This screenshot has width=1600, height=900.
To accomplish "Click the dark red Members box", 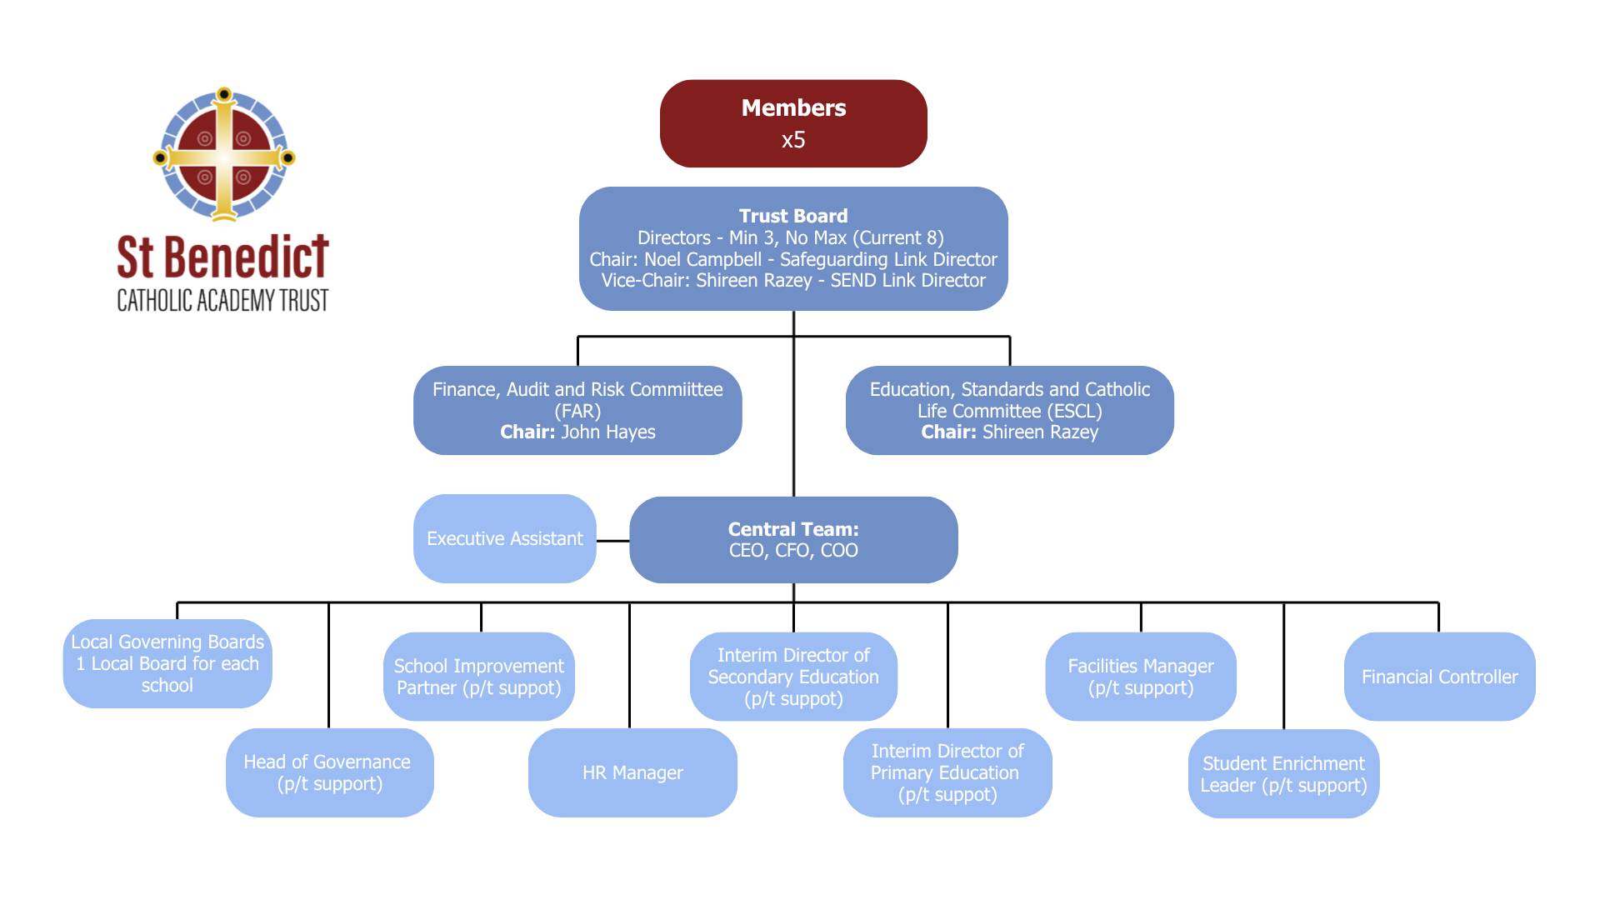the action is pos(793,123).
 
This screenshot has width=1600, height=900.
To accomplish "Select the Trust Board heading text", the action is pos(793,216).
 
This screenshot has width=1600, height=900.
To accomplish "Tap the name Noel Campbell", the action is pos(702,259).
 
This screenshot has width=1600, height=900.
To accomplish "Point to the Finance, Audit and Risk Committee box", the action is pos(577,410).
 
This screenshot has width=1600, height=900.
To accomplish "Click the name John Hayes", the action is pos(608,432).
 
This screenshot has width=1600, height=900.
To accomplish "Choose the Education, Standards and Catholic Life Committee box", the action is pos(1010,410).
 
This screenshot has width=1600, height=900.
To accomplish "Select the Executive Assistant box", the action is pos(505,538).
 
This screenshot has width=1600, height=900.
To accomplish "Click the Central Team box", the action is pos(793,540).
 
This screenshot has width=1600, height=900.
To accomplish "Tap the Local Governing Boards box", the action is pos(167,663).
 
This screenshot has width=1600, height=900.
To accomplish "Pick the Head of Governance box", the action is pos(330,772).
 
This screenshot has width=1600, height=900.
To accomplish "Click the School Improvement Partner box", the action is pos(479,677).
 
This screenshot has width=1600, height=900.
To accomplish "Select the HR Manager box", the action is pos(632,772).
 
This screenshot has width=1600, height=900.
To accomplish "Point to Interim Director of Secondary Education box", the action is pos(793,677).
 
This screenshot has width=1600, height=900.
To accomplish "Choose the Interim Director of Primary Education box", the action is pos(947,772).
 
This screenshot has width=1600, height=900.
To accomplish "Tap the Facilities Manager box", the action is pos(1141,677).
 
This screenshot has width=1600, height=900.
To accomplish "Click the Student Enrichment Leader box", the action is pos(1284,773).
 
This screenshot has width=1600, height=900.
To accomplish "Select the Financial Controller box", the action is pos(1440,677).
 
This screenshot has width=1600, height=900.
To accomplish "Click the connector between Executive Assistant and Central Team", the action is pos(613,541).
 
